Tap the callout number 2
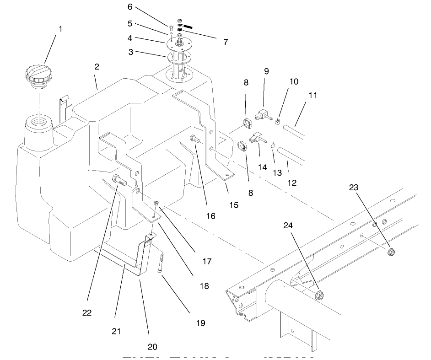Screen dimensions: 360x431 [x=97, y=67]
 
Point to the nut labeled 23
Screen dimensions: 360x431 [x=391, y=252]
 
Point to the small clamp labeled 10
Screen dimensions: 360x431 [x=277, y=122]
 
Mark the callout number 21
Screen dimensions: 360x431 [x=116, y=331]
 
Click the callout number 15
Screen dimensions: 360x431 [x=233, y=205]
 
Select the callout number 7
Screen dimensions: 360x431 [x=226, y=42]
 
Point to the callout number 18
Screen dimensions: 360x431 [x=204, y=286]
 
